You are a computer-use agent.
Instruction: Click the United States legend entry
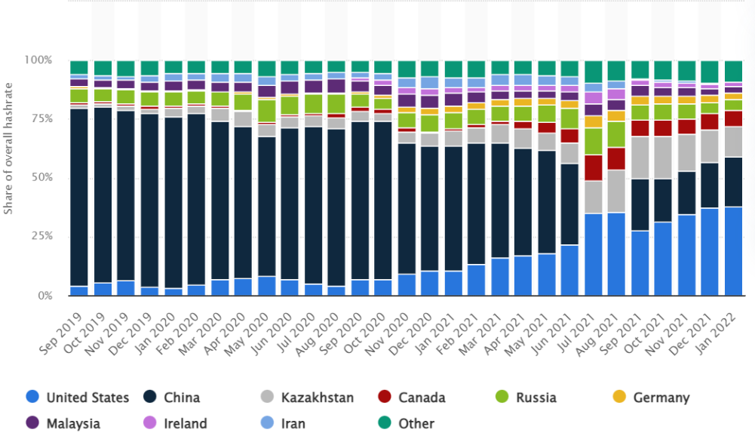[78, 397]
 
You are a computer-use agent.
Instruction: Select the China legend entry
[171, 397]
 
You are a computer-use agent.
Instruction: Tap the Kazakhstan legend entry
[307, 397]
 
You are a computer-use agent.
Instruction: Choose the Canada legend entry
[412, 397]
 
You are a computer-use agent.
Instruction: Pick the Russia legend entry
[526, 397]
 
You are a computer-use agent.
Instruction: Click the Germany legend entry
[651, 397]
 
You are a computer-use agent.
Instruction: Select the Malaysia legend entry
[63, 423]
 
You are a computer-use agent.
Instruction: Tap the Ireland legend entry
[175, 423]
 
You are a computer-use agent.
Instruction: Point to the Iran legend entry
[283, 423]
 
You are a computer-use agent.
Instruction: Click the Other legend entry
[407, 423]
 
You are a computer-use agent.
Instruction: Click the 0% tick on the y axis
[45, 296]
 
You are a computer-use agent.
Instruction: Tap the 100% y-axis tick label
[38, 60]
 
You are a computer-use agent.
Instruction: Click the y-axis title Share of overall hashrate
[8, 149]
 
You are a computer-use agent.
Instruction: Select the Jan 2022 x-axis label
[718, 332]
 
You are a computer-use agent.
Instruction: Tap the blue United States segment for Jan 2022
[733, 251]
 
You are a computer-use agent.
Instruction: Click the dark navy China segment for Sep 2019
[79, 198]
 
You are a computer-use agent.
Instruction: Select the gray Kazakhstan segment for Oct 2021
[663, 158]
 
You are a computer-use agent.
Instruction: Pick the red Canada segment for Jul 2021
[593, 167]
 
